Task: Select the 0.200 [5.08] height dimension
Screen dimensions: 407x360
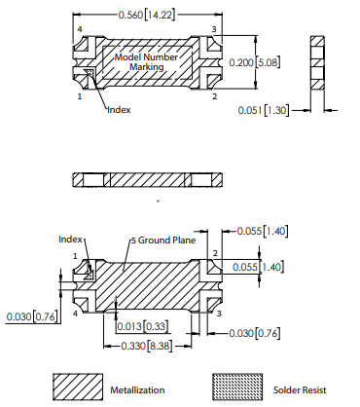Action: click(255, 62)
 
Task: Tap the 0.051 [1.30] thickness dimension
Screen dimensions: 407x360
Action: click(266, 111)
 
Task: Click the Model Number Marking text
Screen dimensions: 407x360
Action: click(144, 62)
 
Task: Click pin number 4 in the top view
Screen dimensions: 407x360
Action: click(79, 30)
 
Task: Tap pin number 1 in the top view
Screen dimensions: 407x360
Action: click(79, 97)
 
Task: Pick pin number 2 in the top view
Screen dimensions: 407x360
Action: click(213, 97)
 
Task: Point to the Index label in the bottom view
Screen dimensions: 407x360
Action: click(71, 239)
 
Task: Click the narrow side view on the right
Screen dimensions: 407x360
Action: click(315, 62)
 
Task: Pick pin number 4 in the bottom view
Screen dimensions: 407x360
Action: click(76, 314)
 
